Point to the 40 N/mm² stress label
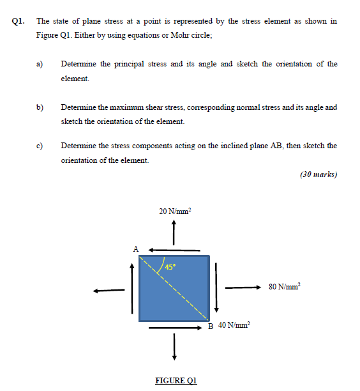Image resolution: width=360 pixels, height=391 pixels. pos(234,326)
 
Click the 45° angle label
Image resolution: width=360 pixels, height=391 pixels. pos(171,266)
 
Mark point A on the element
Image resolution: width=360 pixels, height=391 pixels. pos(135,249)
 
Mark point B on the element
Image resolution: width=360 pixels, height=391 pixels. pos(211,326)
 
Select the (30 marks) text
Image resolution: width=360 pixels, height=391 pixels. pos(318,174)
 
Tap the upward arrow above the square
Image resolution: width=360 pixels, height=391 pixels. pos(174,233)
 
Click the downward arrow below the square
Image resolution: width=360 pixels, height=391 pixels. pos(174,346)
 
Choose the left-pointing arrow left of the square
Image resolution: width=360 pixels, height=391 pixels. pos(108,290)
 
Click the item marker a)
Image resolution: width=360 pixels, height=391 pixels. pos(40,64)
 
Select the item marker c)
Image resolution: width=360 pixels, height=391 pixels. pos(40,146)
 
